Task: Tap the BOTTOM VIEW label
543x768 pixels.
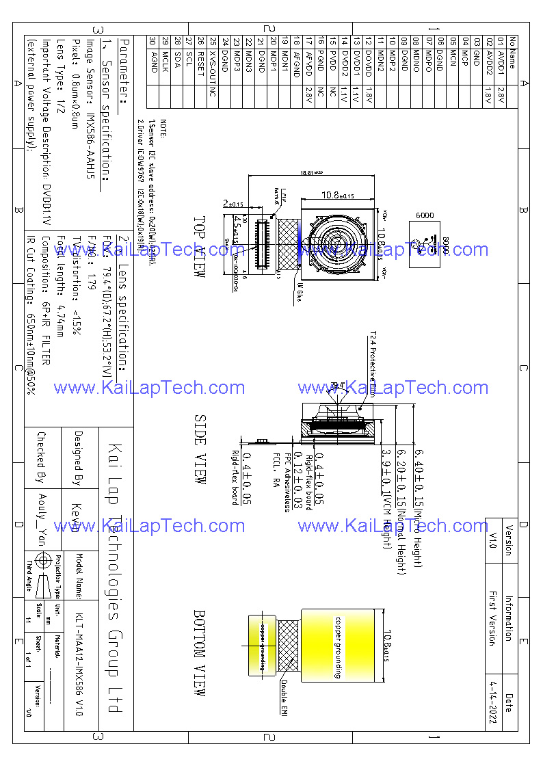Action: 200,653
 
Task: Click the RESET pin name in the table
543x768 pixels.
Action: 201,62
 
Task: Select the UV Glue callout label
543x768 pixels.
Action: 299,292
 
